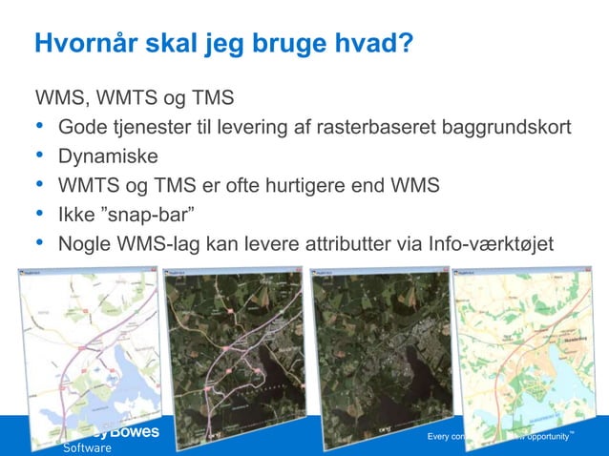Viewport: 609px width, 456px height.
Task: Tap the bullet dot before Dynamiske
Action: [x=39, y=155]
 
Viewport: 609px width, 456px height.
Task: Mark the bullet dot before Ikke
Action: [x=39, y=213]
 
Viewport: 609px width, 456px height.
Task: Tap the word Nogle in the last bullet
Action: [x=85, y=241]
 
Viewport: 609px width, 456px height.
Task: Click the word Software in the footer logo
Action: [x=87, y=447]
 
